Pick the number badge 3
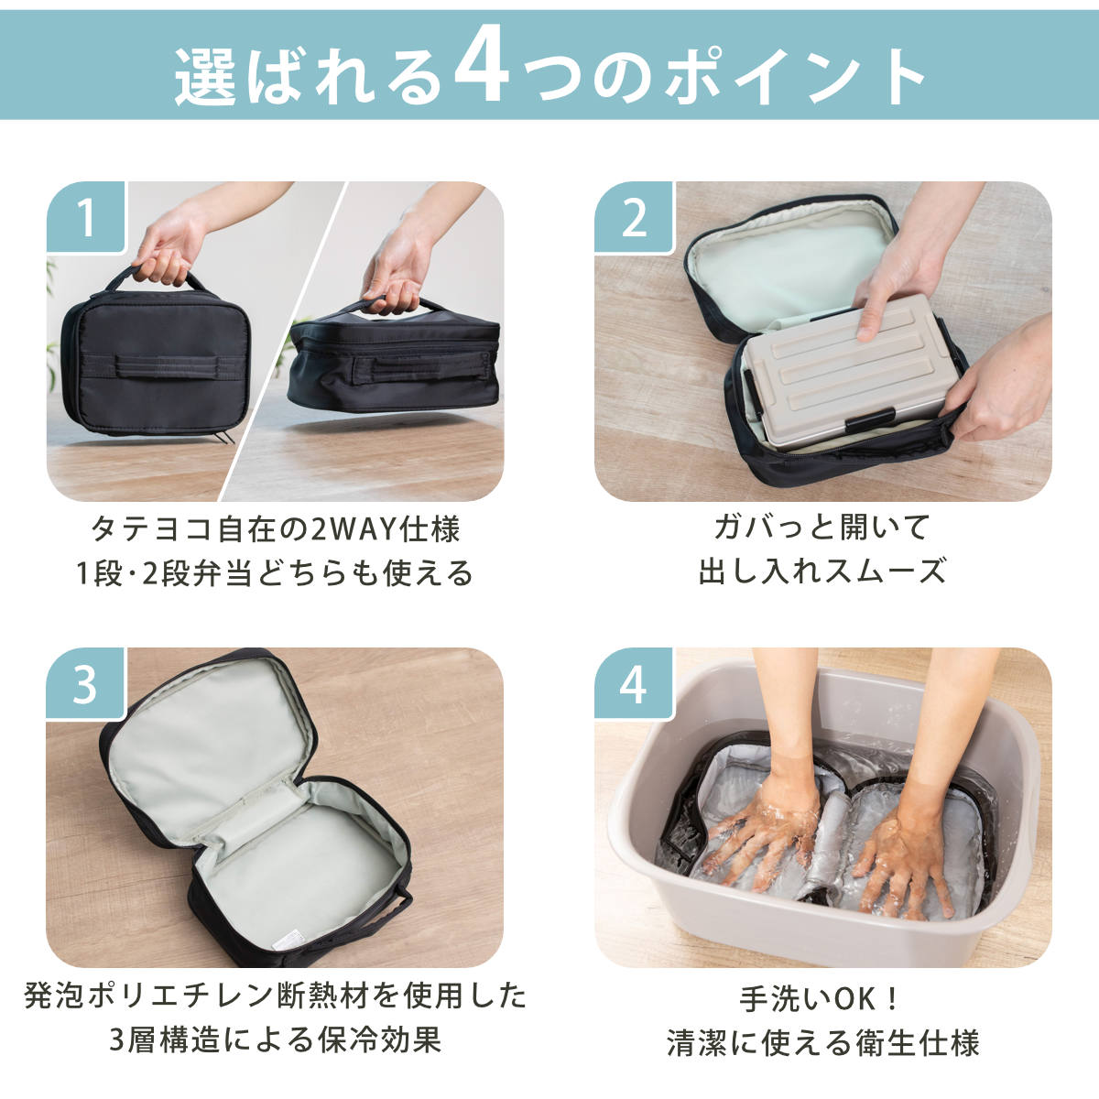[x=85, y=684]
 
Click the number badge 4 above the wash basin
[x=634, y=684]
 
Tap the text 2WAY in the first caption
[x=353, y=529]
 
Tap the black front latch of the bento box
[x=869, y=419]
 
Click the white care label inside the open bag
[x=291, y=941]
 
